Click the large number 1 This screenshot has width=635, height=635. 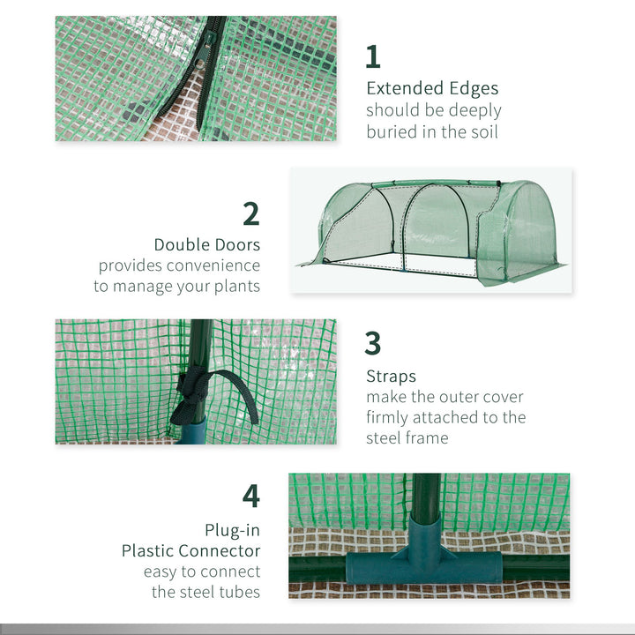(x=373, y=56)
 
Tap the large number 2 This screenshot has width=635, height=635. (x=251, y=213)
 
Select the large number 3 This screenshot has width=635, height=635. (x=373, y=343)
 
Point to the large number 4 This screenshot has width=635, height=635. (x=251, y=496)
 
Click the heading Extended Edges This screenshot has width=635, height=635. (x=432, y=88)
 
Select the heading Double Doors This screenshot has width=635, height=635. (x=207, y=244)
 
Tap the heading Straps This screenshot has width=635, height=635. (x=391, y=377)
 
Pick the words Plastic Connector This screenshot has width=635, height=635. (x=191, y=550)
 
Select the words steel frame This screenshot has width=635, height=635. (x=407, y=438)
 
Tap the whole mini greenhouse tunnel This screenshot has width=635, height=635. (x=432, y=228)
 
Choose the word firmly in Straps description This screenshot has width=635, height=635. (x=389, y=417)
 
